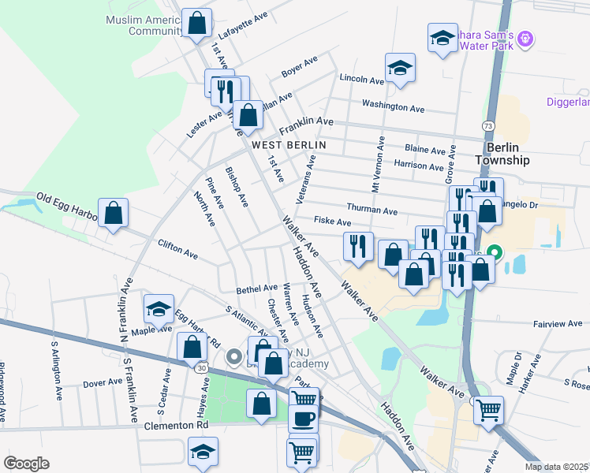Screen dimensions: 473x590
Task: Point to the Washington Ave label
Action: [x=393, y=106]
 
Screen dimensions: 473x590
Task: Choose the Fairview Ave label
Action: [x=558, y=323]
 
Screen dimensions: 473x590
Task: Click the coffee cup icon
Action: [x=303, y=418]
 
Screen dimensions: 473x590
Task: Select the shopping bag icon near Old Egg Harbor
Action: [x=114, y=213]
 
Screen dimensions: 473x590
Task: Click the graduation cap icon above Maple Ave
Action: [x=159, y=310]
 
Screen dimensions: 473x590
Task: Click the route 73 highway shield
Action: [x=489, y=126]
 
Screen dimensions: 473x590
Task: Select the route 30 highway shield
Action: [x=203, y=367]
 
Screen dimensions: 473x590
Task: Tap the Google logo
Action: [x=25, y=463]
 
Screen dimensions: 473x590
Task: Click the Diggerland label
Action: [x=568, y=102]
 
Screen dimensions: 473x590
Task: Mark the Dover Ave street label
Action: [x=103, y=383]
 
